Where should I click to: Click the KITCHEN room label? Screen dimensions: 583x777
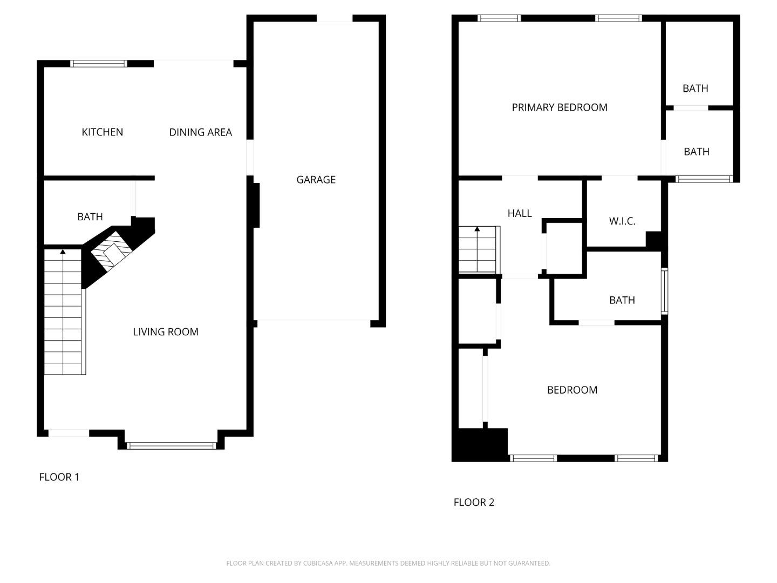point(102,132)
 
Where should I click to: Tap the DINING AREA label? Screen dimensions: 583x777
point(200,132)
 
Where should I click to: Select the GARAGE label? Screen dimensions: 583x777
point(316,180)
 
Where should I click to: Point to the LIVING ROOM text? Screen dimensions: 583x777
point(166,332)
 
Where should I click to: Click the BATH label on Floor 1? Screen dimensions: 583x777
point(90,217)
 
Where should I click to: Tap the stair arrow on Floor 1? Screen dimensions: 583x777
point(63,252)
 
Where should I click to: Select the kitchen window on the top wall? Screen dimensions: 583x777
point(99,64)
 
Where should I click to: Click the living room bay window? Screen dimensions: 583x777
point(172,445)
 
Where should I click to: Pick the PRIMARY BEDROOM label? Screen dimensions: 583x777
point(560,107)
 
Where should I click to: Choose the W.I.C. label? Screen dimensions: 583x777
point(622,221)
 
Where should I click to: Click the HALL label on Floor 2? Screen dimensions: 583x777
point(520,214)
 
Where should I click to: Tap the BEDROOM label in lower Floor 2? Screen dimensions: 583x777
point(572,390)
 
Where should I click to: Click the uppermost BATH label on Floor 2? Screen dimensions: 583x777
point(695,89)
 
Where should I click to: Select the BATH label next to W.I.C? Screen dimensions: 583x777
point(622,300)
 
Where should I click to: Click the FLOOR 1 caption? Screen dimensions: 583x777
point(59,477)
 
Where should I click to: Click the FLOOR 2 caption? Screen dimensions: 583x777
point(474,503)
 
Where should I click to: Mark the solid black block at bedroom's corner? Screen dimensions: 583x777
point(480,445)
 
